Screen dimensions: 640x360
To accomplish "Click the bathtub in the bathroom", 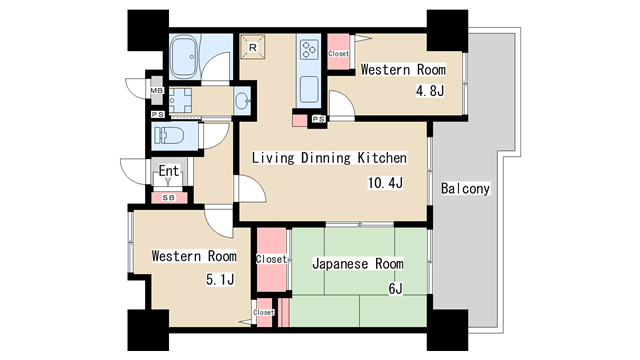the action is tap(183, 57).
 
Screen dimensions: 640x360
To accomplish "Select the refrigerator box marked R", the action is tap(253, 47).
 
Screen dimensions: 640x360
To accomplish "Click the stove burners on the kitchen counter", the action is tap(309, 49).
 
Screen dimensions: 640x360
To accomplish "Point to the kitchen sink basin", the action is tap(309, 90).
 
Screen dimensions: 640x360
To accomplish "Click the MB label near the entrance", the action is tap(157, 91).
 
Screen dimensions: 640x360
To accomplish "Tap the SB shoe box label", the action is tap(169, 198).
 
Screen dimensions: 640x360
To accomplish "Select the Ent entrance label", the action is tap(169, 171).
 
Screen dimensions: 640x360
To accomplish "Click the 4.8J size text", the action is tap(430, 91).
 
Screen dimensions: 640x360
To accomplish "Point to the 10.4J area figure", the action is tap(385, 182).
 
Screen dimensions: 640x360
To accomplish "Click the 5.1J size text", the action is tap(220, 280).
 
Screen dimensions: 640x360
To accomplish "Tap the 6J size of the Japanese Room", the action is tap(395, 289).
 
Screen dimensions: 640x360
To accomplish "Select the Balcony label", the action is tap(465, 188).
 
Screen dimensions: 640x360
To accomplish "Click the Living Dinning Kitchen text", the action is tap(329, 158).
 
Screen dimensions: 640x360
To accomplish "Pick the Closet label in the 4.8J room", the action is tap(338, 53).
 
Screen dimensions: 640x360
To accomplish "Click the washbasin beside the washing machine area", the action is tap(243, 100).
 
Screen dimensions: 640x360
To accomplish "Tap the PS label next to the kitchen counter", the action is tap(319, 119).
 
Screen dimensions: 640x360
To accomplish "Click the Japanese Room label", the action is tap(358, 264).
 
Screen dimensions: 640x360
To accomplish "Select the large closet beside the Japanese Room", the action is tap(271, 260).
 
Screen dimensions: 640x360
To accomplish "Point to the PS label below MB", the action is tap(158, 115).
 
